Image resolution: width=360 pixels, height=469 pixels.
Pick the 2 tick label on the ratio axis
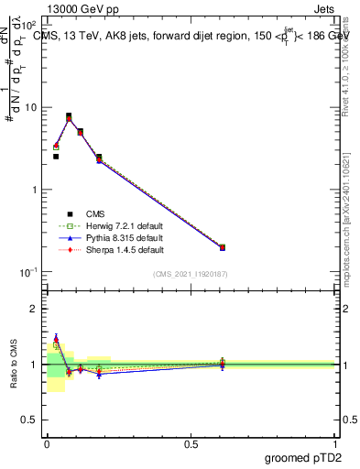[35, 309]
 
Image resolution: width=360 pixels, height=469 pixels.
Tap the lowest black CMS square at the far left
[56, 157]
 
